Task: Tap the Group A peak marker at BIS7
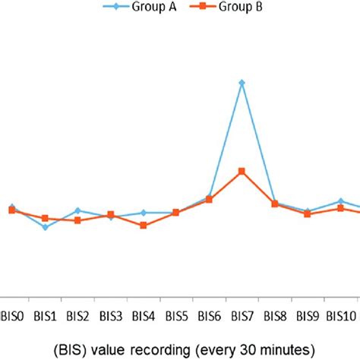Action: click(242, 82)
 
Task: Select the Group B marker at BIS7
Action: click(242, 171)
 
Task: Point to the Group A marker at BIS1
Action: click(46, 227)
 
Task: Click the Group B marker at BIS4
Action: click(144, 226)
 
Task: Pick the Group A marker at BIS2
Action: click(78, 210)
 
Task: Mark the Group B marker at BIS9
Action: click(307, 214)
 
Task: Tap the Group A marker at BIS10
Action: click(340, 201)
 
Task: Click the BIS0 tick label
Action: click(13, 315)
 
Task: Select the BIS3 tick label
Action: click(111, 315)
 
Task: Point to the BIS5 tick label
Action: click(176, 315)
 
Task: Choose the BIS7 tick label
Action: click(242, 315)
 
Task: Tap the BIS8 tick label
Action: click(274, 315)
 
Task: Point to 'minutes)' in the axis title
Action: click(279, 349)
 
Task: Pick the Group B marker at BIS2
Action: click(78, 220)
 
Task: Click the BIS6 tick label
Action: click(209, 315)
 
